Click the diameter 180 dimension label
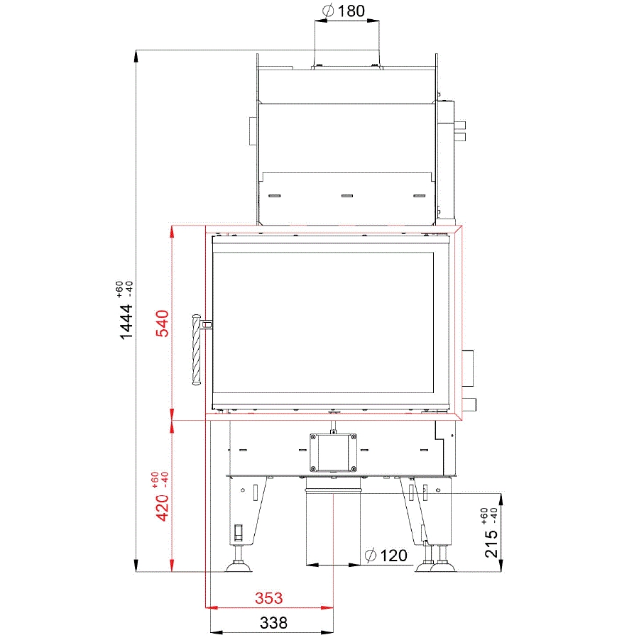(x=344, y=11)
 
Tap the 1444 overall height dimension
(x=126, y=321)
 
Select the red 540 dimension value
(x=163, y=324)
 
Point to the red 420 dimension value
(x=163, y=507)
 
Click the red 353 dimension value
(x=268, y=598)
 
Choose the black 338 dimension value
(x=273, y=623)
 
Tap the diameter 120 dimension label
(x=386, y=556)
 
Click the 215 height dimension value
(x=491, y=544)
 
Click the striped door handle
(x=197, y=350)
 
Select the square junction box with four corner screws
(x=333, y=452)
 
